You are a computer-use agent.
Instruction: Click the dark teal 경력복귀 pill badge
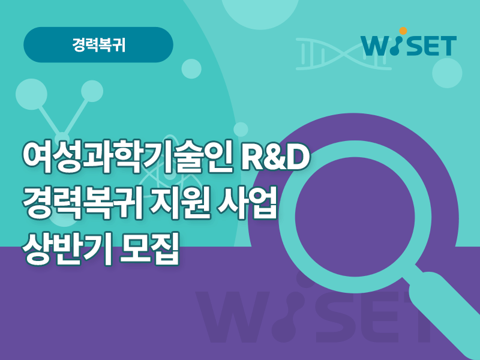(x=98, y=44)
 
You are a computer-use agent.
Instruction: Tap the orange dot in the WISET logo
(x=403, y=31)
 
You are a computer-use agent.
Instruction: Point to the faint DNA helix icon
(x=344, y=54)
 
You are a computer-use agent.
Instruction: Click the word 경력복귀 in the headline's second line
(x=82, y=203)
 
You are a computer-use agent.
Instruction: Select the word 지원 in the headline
(x=179, y=203)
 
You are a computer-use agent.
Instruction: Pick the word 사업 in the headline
(x=247, y=203)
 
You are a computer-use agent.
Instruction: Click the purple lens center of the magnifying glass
(x=356, y=217)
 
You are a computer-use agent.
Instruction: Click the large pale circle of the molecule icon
(x=31, y=94)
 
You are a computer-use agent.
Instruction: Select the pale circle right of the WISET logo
(x=447, y=73)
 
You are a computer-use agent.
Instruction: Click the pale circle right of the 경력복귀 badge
(x=191, y=69)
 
